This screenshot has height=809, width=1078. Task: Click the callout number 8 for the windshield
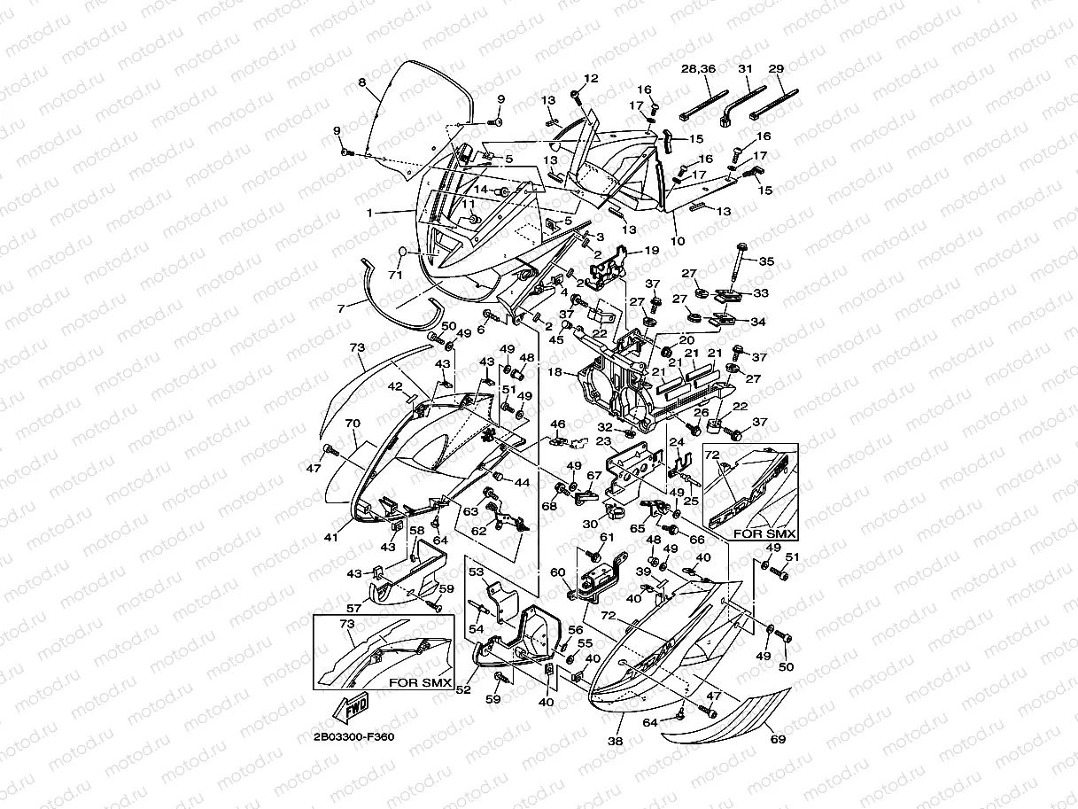tap(361, 82)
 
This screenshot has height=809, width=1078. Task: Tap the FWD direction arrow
tap(353, 708)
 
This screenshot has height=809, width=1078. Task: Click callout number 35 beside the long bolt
tap(767, 261)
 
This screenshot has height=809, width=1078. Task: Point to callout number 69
tap(778, 738)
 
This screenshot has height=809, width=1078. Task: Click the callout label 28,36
tap(698, 69)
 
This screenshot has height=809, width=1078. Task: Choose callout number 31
tap(744, 69)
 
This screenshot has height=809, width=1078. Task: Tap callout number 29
tap(776, 69)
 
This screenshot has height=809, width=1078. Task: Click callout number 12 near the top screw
tap(592, 79)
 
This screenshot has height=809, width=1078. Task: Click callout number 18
tap(555, 373)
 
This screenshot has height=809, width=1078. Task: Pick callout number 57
tap(354, 609)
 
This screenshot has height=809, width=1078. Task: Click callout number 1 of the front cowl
tap(370, 213)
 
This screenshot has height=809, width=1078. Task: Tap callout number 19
tap(651, 251)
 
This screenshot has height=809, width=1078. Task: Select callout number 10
tap(679, 241)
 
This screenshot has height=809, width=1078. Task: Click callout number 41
tap(330, 538)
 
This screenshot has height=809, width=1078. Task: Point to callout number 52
tap(462, 692)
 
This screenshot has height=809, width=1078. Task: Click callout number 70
tap(352, 424)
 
